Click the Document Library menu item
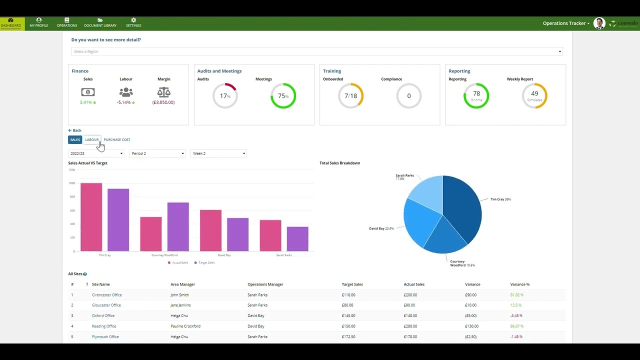click(100, 23)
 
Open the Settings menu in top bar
click(133, 23)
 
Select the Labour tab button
click(92, 140)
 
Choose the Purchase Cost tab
click(117, 140)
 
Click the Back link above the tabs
click(75, 130)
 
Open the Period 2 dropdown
click(157, 153)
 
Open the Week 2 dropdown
click(218, 153)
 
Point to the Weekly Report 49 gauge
click(534, 95)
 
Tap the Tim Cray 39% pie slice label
click(500, 199)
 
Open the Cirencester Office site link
click(106, 295)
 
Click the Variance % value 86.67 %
click(516, 326)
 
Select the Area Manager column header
click(182, 284)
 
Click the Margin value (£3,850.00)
click(163, 102)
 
